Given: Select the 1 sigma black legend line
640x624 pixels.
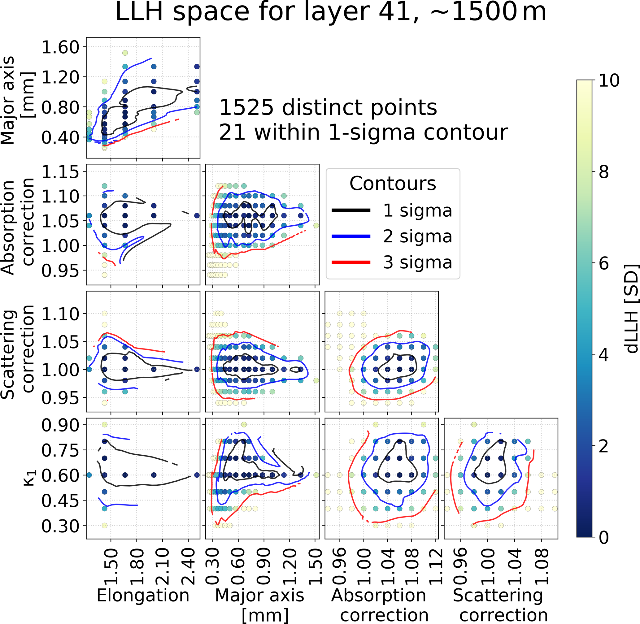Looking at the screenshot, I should pyautogui.click(x=351, y=210).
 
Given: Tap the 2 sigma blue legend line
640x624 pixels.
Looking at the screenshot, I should pyautogui.click(x=351, y=236).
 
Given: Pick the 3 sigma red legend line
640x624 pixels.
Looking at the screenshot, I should pyautogui.click(x=351, y=262).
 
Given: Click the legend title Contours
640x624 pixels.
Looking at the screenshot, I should pyautogui.click(x=393, y=184).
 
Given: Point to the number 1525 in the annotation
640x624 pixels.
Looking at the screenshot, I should pyautogui.click(x=246, y=107).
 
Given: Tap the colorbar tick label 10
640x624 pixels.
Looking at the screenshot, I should pyautogui.click(x=609, y=80).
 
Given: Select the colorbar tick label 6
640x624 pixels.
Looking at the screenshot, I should pyautogui.click(x=604, y=263).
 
